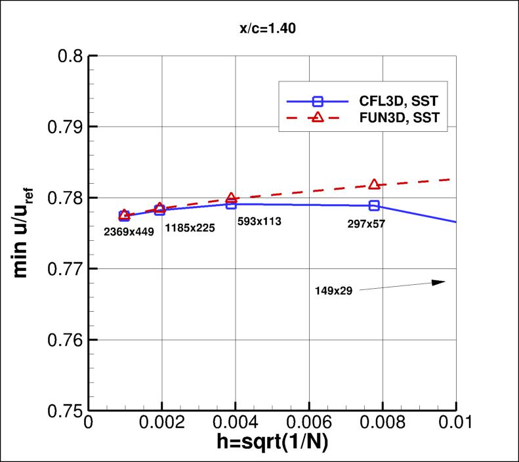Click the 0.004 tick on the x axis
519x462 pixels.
(x=236, y=424)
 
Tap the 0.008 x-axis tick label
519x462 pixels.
(x=382, y=424)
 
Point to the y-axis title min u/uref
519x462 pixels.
(x=23, y=233)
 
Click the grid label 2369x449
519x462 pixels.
(x=129, y=230)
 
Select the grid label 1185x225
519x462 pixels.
(x=189, y=227)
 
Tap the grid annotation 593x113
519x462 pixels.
(x=259, y=222)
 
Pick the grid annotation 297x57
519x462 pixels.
(x=366, y=224)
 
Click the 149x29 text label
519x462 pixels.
(x=334, y=291)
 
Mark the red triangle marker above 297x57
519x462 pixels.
(x=374, y=184)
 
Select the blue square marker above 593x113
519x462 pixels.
(x=231, y=204)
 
